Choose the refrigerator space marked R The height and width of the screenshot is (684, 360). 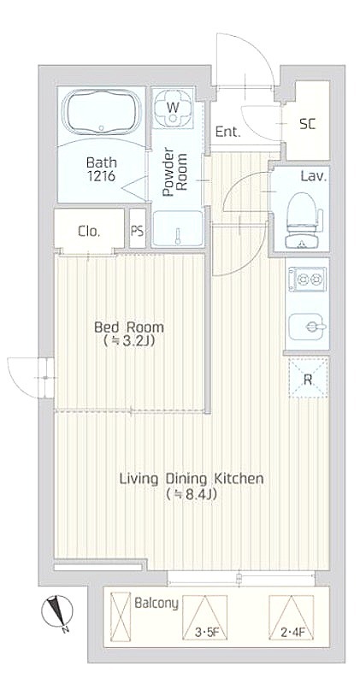point(308,378)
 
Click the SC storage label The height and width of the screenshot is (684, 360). point(307,124)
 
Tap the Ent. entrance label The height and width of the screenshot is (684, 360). point(228,132)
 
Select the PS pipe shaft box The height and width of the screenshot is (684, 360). point(138,229)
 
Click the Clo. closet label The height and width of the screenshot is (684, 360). point(89,232)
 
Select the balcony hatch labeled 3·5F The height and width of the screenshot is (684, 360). point(204,617)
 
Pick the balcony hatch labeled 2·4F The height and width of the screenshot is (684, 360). point(292,617)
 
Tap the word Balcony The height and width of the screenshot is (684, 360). point(156,604)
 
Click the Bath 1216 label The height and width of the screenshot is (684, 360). point(101,169)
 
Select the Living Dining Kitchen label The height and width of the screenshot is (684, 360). point(192,479)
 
